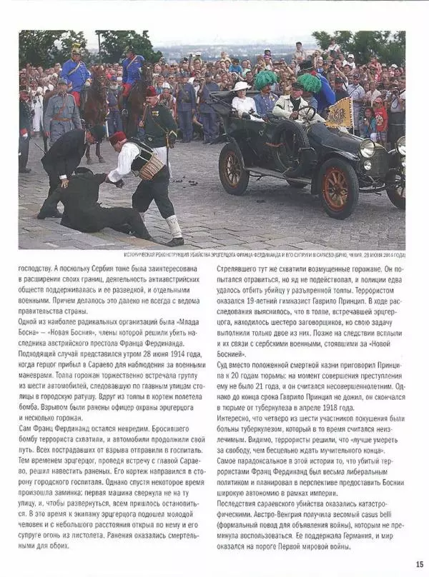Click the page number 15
point(419,563)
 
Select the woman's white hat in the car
point(242,86)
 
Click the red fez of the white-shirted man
point(118,136)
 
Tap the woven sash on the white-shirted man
point(151,166)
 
